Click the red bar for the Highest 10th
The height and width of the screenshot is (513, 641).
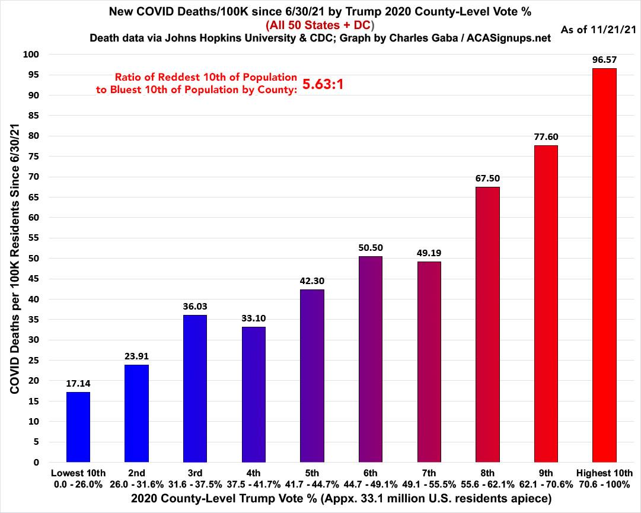pos(604,265)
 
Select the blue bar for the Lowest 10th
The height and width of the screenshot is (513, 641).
pos(78,427)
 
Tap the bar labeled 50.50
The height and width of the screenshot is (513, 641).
pos(370,359)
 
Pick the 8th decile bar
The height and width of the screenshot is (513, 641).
pos(487,324)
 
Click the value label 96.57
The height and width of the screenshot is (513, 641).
pos(604,60)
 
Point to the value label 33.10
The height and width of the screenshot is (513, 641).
pos(253,318)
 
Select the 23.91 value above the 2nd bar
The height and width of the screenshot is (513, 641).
pos(136,356)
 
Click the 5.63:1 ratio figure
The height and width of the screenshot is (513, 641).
pos(323,84)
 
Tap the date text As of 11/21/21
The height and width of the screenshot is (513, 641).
pos(598,29)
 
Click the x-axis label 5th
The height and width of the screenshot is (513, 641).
pos(312,473)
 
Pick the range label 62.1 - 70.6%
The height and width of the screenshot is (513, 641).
pos(546,483)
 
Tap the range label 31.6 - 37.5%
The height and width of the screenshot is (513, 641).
pos(195,483)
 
